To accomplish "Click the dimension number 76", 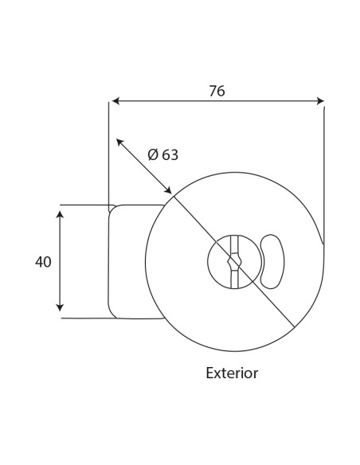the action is (x=217, y=91).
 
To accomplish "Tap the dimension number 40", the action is (x=43, y=262).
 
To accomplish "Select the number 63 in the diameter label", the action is (x=170, y=154).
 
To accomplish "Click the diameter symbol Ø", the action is (x=153, y=154).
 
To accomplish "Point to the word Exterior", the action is (x=232, y=373).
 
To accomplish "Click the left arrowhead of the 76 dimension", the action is (x=116, y=101).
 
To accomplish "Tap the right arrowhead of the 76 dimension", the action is (x=320, y=101).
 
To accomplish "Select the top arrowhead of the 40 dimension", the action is (x=60, y=214).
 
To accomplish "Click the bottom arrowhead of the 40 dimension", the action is (x=60, y=307).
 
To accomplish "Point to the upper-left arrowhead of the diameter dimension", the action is (x=119, y=142).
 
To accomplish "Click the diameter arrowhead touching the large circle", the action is (x=168, y=190).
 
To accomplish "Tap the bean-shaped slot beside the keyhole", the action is (x=272, y=261).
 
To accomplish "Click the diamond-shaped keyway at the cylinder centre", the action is (x=234, y=261).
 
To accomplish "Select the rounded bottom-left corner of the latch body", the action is (x=112, y=315).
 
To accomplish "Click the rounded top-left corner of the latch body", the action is (x=112, y=209).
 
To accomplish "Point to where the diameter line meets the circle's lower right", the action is (x=294, y=327).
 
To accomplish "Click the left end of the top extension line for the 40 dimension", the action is (x=61, y=205).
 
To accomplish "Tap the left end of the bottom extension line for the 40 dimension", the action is (x=61, y=318).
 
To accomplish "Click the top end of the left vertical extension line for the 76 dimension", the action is (x=108, y=103).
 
